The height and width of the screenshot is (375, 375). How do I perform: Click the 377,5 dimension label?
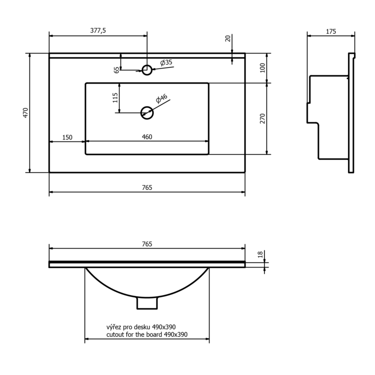pos(98,30)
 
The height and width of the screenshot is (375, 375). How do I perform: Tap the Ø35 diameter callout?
pos(166,62)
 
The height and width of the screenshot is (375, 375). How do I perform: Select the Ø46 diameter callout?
pos(161,98)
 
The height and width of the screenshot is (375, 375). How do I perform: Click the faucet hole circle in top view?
pos(147,70)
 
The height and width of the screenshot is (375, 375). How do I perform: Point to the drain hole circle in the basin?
pos(147,113)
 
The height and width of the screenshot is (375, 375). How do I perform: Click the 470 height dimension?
pos(25,112)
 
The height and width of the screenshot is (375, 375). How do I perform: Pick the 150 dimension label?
pos(67,137)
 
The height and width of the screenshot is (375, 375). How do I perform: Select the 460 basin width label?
pos(147,137)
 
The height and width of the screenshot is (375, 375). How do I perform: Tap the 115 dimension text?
pos(115,98)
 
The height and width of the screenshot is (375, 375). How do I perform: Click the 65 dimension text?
pos(116,70)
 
